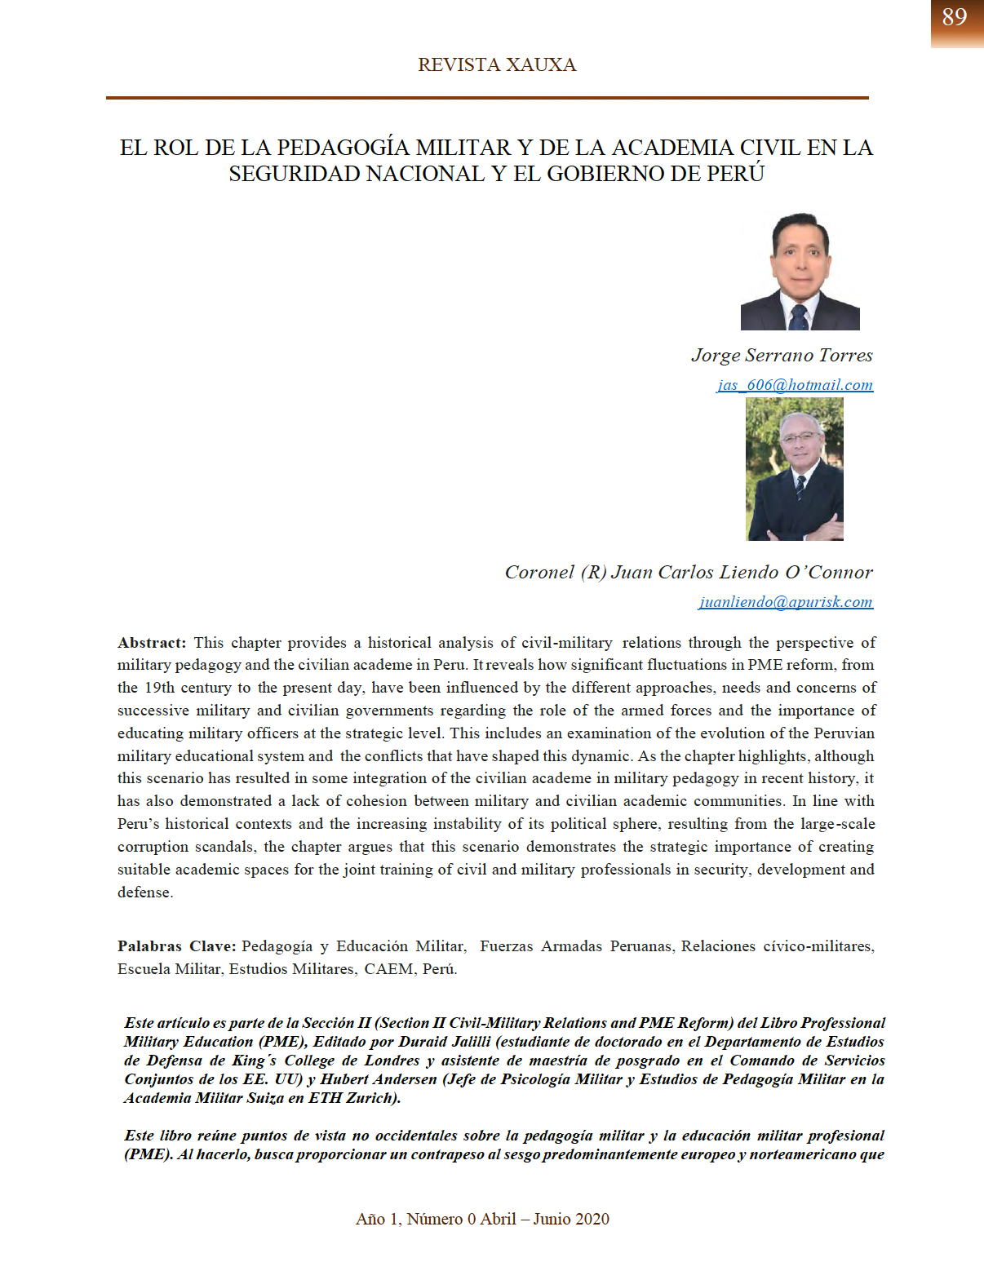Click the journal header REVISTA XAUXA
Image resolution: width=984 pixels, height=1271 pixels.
tap(497, 65)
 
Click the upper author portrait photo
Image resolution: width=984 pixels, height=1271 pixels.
tap(800, 271)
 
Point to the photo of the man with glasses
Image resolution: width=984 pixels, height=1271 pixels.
tap(795, 469)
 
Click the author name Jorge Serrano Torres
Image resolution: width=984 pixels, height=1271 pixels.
tap(782, 356)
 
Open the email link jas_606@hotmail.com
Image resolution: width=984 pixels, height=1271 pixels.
tap(795, 385)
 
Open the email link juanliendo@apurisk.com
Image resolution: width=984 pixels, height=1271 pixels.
tap(786, 602)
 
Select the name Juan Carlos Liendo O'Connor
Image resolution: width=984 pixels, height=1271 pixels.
tap(742, 573)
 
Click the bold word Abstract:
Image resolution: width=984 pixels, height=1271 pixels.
tap(152, 643)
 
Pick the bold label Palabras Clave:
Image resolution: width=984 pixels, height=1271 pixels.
tap(177, 946)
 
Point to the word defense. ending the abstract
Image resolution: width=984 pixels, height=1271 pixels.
tap(145, 892)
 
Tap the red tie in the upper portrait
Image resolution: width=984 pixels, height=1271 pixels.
tap(800, 317)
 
